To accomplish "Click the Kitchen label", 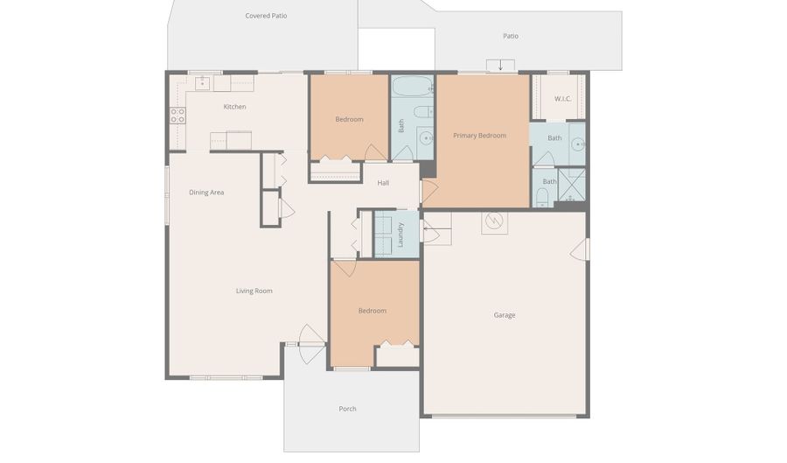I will click(234, 107).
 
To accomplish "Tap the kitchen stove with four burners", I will click(178, 116).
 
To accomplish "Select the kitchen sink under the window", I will click(202, 83).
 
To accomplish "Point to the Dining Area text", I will click(206, 193).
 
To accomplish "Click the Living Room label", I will click(254, 291).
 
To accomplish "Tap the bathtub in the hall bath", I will click(411, 87).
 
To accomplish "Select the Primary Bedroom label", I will click(479, 136).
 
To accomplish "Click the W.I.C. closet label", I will click(562, 99).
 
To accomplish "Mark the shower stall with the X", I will click(571, 184).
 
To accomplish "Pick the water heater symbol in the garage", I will click(494, 221).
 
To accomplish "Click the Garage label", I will click(504, 315).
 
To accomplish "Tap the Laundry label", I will click(400, 234).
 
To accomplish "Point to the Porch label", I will click(347, 409).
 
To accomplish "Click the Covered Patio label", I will click(266, 16).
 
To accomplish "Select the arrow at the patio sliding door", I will click(500, 66).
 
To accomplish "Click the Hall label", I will click(383, 183).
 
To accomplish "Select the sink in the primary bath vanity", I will click(578, 143).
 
